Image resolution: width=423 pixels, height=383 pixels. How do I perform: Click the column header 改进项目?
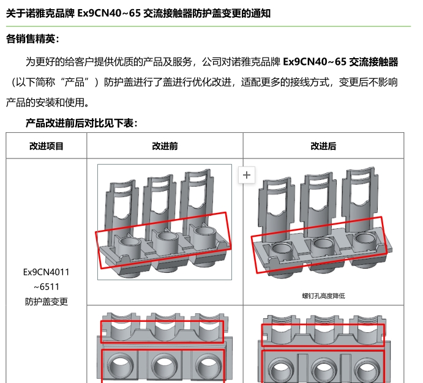(46, 146)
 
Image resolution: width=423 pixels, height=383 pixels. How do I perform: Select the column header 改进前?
(165, 146)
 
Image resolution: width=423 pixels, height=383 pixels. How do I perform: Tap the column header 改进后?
(323, 146)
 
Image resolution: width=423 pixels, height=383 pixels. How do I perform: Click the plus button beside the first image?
(247, 175)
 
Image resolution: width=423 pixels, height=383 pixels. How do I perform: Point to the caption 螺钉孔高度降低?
(323, 296)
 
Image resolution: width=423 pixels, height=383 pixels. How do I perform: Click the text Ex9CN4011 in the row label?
(46, 272)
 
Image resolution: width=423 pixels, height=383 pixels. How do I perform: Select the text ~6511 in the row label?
(46, 287)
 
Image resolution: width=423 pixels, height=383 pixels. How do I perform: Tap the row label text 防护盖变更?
(46, 302)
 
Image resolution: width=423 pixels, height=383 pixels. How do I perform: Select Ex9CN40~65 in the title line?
(109, 13)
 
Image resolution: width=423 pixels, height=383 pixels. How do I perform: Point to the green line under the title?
(208, 26)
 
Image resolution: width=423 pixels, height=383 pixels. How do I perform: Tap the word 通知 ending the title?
(261, 13)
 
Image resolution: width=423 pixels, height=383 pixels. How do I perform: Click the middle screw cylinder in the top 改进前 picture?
(167, 241)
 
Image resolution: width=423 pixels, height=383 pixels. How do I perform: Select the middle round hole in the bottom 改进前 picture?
(163, 368)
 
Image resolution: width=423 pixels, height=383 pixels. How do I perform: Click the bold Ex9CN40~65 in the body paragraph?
(315, 62)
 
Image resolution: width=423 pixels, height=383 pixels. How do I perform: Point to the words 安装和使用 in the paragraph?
(60, 103)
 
